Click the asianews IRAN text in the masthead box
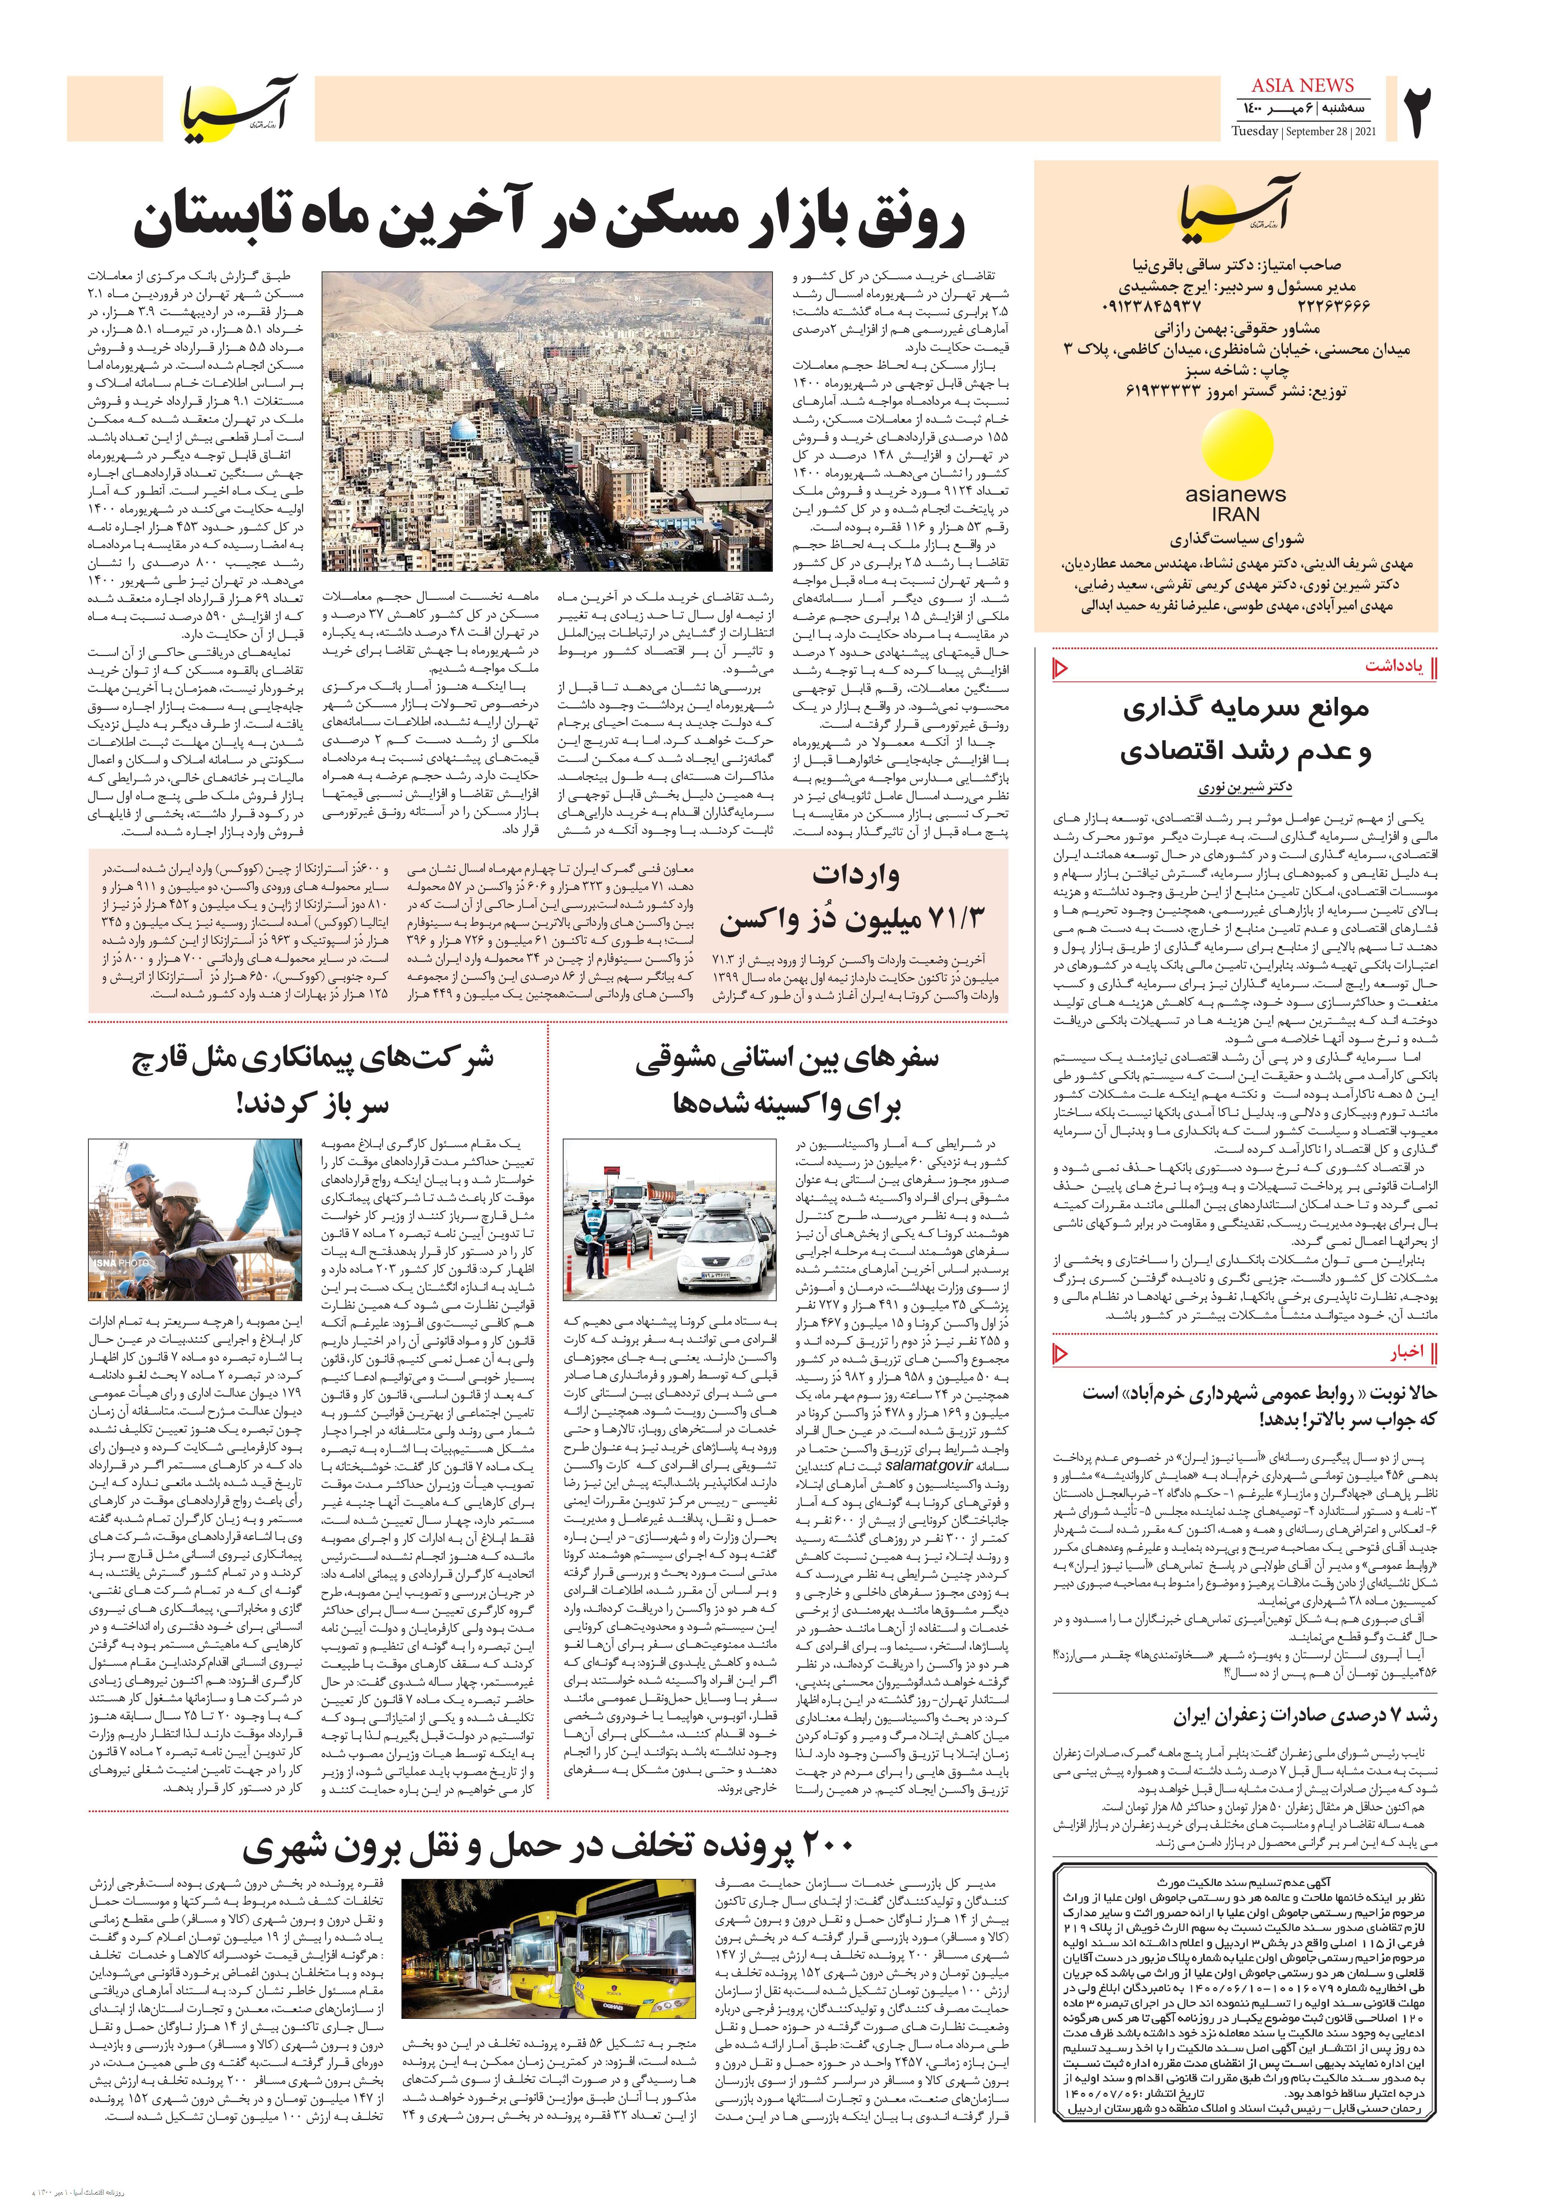[x=1235, y=504]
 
